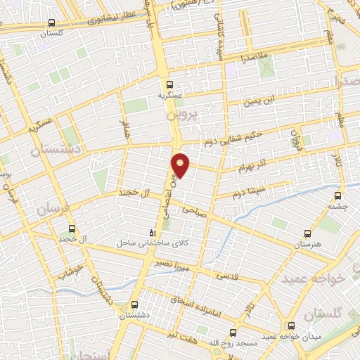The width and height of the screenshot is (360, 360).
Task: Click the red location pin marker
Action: (181, 165)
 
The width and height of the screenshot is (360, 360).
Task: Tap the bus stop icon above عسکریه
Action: (169, 84)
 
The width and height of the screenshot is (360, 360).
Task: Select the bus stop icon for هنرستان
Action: (307, 233)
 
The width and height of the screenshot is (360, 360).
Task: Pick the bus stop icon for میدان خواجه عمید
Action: (291, 326)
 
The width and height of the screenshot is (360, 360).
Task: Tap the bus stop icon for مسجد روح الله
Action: (233, 332)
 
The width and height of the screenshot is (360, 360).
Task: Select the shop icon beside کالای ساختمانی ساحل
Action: (152, 233)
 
